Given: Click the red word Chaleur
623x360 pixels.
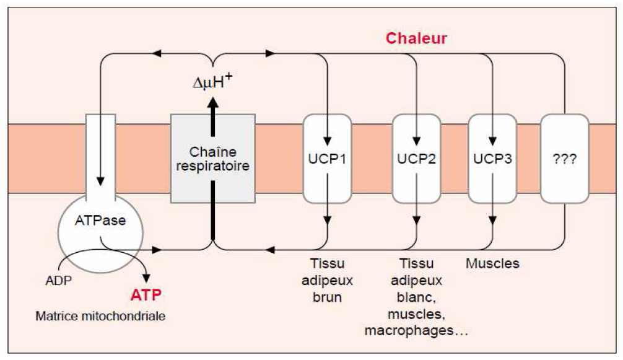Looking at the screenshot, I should coord(416,38).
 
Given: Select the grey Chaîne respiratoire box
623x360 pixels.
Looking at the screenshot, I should coord(213,158).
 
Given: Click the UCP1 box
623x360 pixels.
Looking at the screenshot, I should coord(327,158).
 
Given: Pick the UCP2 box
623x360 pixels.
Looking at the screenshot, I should coord(417,158).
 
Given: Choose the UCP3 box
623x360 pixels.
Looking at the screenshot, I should coord(492,158).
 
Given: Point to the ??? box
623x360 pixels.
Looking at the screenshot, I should coord(565,158).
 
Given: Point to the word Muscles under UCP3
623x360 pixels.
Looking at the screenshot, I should coord(492,264).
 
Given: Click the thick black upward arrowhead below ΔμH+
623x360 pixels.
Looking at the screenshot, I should coord(213,106).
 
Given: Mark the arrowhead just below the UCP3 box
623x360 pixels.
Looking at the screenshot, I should coord(492,221).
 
